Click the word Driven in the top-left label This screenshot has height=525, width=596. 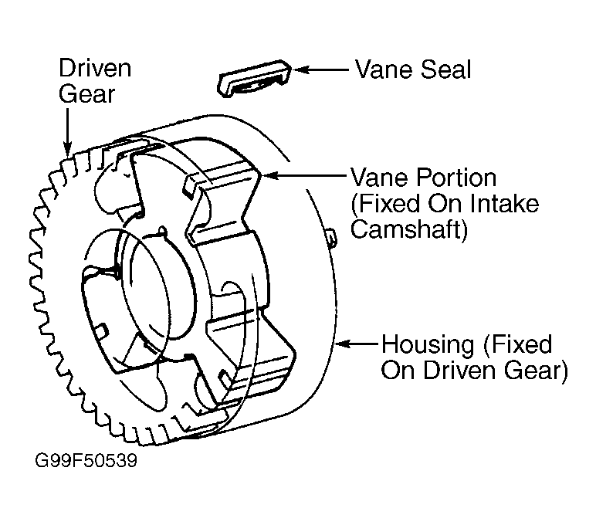[95, 68]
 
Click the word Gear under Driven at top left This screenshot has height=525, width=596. [86, 93]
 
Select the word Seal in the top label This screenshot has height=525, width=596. [446, 69]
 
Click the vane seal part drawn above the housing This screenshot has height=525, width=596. [254, 78]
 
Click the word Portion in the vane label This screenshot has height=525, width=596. [455, 178]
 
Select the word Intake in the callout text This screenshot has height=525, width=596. [504, 203]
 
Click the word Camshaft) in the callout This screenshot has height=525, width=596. [408, 229]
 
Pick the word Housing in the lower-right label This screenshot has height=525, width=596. [428, 344]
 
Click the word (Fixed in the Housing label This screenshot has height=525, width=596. [517, 344]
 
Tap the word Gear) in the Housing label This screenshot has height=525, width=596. [536, 370]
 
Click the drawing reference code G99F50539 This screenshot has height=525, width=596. [86, 460]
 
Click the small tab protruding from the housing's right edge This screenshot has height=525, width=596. [330, 239]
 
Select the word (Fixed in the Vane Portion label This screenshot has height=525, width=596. [385, 204]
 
